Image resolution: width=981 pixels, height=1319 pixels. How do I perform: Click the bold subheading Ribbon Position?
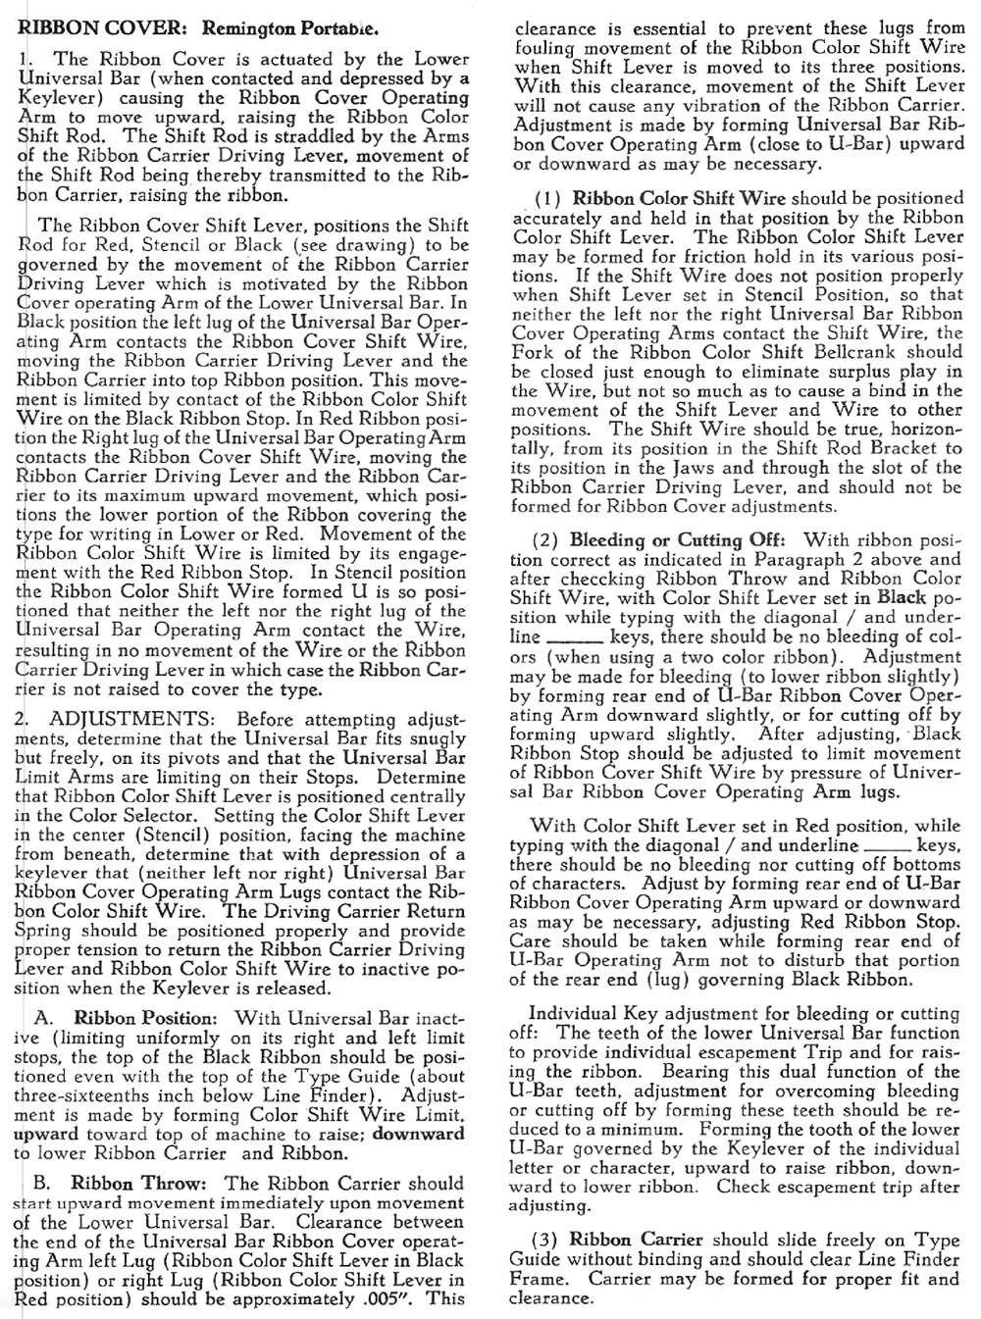[143, 1018]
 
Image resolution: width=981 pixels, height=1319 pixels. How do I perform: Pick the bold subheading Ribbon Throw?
[135, 1183]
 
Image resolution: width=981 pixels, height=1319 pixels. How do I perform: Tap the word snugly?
[439, 737]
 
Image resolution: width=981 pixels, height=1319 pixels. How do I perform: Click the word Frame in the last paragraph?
[536, 1279]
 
